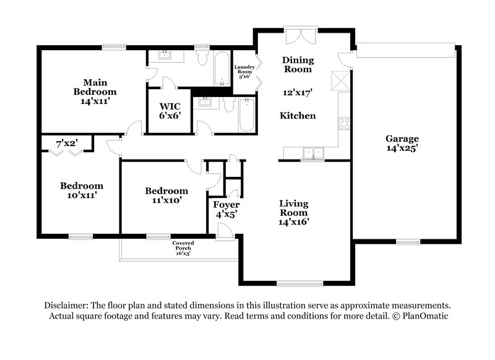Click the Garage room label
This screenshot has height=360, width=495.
point(402,139)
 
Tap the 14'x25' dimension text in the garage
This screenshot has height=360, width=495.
point(402,148)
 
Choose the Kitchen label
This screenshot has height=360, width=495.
point(298,116)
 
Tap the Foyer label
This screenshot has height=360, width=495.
point(226,205)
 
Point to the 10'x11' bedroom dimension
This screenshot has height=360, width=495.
point(81,195)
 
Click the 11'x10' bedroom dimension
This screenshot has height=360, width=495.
point(166,200)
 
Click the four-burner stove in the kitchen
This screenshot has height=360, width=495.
point(343,123)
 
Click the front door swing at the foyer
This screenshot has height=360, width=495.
point(225,230)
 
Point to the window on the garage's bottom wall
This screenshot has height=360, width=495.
point(408,241)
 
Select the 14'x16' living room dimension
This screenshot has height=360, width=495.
point(293,221)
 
